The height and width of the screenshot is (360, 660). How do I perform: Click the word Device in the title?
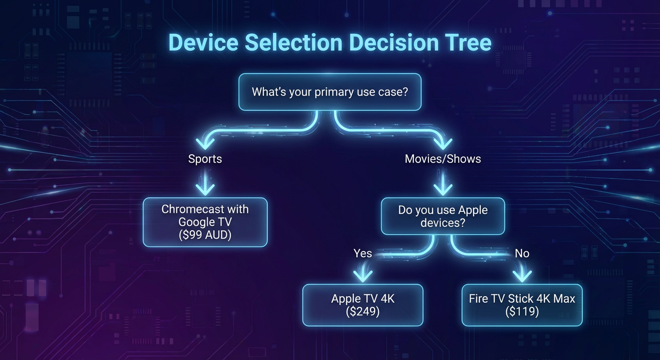coord(203,43)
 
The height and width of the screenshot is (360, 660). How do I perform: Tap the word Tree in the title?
coord(466,43)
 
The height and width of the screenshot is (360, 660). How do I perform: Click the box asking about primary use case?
coord(330,92)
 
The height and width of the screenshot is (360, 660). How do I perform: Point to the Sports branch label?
coord(205,159)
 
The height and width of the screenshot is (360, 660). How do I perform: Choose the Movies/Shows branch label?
coord(442,159)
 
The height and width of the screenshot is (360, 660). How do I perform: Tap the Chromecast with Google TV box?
coord(205,222)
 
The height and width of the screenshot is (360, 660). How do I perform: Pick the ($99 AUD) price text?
coord(205,235)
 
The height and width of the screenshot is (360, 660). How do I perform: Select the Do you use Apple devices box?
coord(442,216)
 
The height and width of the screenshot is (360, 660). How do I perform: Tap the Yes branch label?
coord(362,254)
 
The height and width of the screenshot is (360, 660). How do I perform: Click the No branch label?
coord(522,254)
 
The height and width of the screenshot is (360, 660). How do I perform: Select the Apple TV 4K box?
coord(362,305)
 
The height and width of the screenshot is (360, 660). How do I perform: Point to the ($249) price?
coord(362,311)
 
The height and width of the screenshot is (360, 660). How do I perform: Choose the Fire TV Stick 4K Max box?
coord(522,305)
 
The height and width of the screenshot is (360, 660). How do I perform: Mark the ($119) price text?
coord(522,311)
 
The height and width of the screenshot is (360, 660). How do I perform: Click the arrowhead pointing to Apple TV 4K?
coord(362,275)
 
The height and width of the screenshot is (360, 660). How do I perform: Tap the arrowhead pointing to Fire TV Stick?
coord(522,275)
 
